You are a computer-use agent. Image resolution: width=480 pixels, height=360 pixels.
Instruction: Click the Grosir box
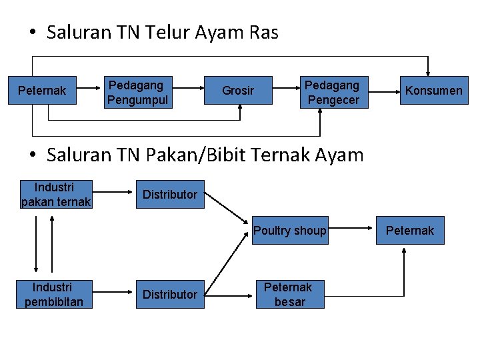(238, 91)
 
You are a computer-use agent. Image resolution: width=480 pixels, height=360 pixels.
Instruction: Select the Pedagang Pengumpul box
(139, 92)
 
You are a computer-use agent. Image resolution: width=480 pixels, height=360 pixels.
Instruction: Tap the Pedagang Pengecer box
(332, 92)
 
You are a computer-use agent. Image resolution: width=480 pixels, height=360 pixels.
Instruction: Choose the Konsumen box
(433, 91)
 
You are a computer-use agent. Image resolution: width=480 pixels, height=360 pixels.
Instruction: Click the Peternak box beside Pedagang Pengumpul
(42, 91)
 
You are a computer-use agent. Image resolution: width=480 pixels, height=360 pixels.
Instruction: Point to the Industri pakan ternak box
(55, 194)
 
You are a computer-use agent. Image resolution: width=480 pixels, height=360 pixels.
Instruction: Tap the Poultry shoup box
(290, 231)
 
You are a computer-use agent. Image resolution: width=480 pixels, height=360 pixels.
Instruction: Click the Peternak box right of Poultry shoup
(409, 231)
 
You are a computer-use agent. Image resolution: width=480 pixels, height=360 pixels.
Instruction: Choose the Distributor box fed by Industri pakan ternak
(170, 194)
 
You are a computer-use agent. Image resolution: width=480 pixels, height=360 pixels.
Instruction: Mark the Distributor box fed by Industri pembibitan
(170, 294)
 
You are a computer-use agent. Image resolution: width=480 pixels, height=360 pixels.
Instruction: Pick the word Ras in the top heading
(265, 32)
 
